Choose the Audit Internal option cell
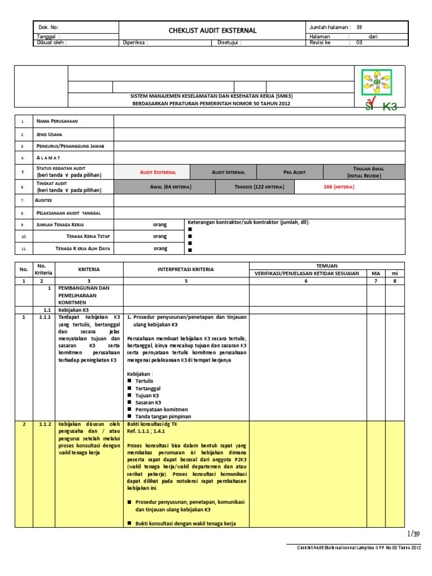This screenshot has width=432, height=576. [x=223, y=172]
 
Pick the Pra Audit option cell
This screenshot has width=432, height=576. [x=294, y=172]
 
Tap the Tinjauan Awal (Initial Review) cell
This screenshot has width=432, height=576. [x=367, y=172]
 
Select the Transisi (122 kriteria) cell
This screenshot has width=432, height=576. [x=259, y=186]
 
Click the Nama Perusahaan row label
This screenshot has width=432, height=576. [x=57, y=121]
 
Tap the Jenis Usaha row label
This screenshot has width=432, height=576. [x=49, y=135]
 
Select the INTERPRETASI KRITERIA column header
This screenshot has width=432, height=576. [x=186, y=269]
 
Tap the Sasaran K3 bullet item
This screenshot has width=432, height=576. [x=148, y=403]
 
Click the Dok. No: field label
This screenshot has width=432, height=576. [x=48, y=27]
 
